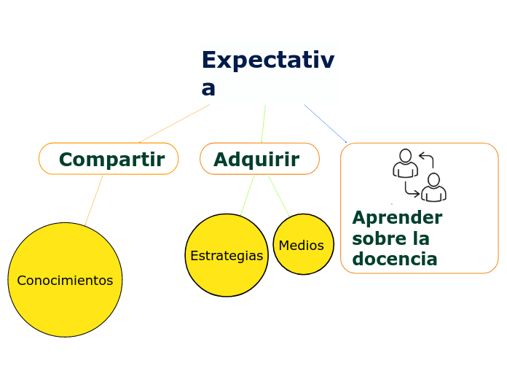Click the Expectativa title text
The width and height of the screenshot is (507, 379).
267,60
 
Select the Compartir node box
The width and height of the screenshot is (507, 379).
109,159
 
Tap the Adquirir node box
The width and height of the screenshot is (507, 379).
259,159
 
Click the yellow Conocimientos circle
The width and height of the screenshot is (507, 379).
65,281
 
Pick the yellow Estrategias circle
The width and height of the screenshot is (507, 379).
227,255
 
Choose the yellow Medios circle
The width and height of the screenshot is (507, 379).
303,245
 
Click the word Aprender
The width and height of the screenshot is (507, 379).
397,218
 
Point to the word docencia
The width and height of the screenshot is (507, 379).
394,259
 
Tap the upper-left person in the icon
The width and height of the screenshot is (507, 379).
405,164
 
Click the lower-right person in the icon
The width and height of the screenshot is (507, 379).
434,188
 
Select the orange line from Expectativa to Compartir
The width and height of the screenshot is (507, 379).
175,123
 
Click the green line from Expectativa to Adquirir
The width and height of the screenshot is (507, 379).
263,124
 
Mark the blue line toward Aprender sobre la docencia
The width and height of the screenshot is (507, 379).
325,123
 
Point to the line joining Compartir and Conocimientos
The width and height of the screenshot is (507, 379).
93,200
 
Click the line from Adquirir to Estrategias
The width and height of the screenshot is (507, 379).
248,195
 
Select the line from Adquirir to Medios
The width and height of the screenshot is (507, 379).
278,195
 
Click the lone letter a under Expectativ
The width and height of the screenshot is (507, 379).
208,87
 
